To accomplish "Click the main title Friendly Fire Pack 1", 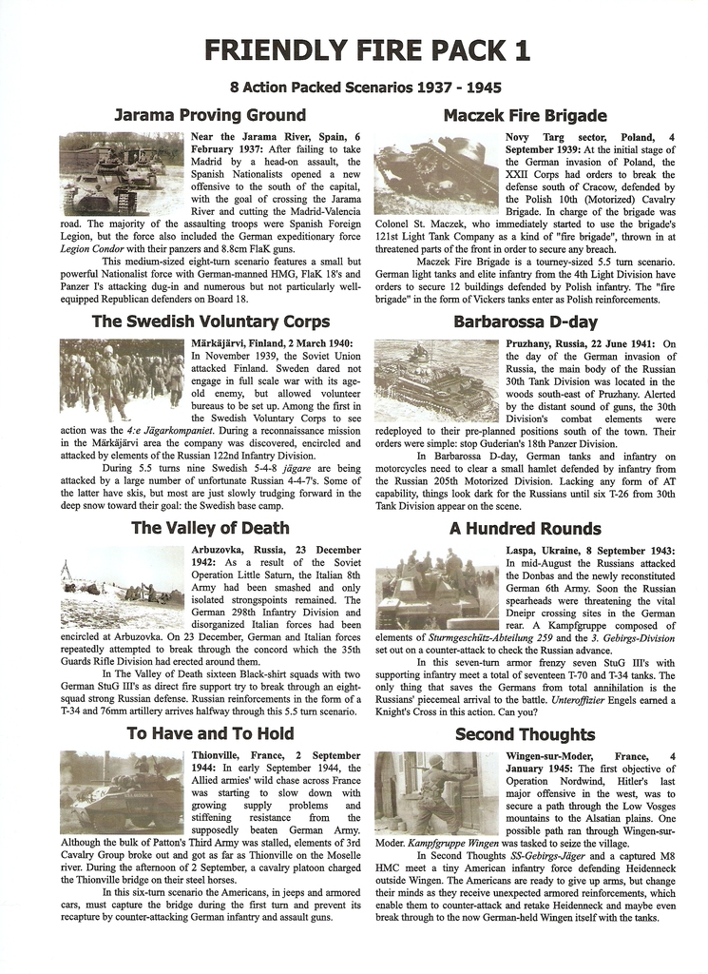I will [x=354, y=49].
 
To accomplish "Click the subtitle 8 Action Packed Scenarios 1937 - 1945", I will [x=354, y=88].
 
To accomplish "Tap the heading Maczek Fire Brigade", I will [x=525, y=116].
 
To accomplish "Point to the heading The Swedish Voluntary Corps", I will [x=210, y=321].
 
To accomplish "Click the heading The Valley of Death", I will [x=210, y=528].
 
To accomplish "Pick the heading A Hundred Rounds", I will [x=525, y=528].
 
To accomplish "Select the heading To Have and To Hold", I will [x=210, y=733].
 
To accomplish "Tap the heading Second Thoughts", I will [x=525, y=733].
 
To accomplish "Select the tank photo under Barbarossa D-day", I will [x=436, y=380].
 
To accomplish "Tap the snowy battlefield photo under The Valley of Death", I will [x=122, y=587].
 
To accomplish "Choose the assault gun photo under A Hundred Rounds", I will [x=436, y=587].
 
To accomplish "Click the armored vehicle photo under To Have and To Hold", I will [x=122, y=792].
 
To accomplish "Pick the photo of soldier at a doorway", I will [x=436, y=792].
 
